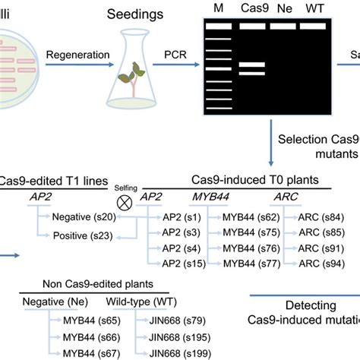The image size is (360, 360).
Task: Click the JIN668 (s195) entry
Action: click(x=183, y=336)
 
